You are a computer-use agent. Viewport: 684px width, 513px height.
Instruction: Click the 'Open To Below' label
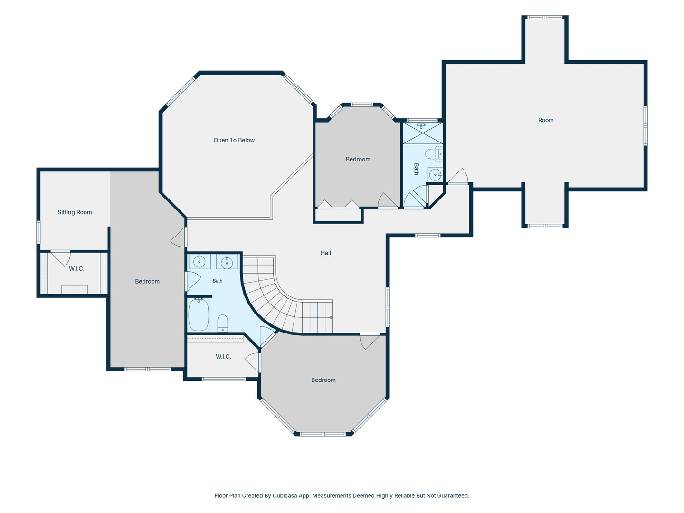[234, 140]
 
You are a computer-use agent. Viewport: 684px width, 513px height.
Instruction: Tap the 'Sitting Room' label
[75, 212]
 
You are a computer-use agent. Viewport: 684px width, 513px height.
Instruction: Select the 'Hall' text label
[326, 253]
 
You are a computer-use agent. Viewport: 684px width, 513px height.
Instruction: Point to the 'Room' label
[546, 120]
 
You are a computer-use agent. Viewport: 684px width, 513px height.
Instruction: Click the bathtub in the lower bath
[199, 314]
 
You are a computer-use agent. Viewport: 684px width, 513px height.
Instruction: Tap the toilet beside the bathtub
[222, 323]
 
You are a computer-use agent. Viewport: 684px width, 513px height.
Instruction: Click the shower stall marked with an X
[423, 133]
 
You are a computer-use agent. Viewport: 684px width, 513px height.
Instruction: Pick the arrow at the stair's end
[331, 317]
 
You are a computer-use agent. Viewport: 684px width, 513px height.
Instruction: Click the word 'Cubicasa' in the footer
[285, 495]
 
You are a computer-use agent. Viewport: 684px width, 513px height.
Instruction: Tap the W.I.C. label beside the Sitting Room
[76, 269]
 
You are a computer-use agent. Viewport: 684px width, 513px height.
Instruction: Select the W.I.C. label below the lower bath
[223, 357]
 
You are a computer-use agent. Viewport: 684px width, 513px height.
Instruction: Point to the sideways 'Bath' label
[416, 169]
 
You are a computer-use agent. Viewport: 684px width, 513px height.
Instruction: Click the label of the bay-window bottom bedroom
[323, 380]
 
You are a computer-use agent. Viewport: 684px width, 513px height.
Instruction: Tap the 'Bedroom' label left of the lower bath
[147, 281]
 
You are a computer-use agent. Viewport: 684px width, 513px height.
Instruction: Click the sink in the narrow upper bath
[435, 174]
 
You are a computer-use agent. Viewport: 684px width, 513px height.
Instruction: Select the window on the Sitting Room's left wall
[38, 232]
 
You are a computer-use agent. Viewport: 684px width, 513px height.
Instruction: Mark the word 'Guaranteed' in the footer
[454, 495]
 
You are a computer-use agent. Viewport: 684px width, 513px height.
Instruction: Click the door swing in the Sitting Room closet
[62, 258]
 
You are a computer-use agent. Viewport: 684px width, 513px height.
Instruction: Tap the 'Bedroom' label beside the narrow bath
[358, 159]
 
